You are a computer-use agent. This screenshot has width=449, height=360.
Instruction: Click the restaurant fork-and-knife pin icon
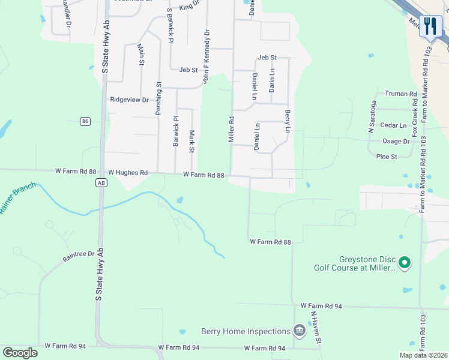click(430, 26)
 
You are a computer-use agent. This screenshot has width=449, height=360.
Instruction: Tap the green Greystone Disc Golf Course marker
click(405, 262)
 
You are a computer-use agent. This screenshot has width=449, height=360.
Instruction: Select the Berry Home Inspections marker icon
click(299, 331)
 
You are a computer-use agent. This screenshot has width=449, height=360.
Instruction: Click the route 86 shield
click(85, 121)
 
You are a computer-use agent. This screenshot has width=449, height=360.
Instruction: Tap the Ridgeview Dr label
click(129, 100)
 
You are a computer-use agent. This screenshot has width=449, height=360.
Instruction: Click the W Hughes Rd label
click(127, 173)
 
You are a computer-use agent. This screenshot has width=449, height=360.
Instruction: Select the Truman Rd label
click(400, 94)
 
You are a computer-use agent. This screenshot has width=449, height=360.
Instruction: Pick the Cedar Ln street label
click(394, 125)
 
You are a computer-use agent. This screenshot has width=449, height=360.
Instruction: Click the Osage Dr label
click(396, 142)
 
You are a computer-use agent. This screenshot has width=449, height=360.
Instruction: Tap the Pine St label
click(386, 157)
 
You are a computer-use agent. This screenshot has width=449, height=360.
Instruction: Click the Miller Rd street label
click(231, 129)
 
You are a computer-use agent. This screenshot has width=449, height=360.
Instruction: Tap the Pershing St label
click(159, 98)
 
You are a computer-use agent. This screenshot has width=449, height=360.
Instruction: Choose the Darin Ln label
click(272, 80)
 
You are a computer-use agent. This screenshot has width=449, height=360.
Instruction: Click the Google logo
click(20, 353)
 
